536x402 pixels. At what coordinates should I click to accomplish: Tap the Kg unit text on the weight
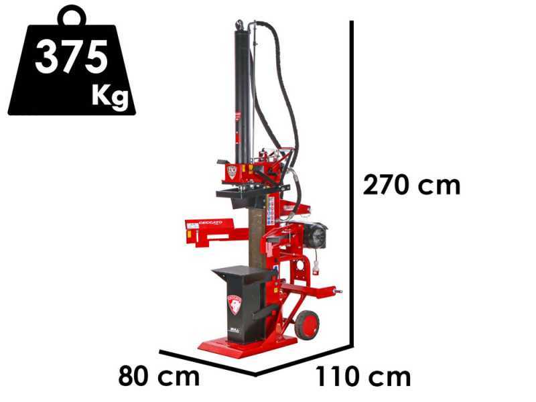(110, 96)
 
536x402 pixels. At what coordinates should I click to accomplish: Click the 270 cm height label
(411, 184)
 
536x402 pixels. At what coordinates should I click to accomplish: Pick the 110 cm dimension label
(363, 377)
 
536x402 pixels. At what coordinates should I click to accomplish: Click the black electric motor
(314, 236)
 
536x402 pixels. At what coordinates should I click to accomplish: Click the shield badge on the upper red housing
(232, 171)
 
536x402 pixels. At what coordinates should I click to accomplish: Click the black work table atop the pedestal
(243, 273)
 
